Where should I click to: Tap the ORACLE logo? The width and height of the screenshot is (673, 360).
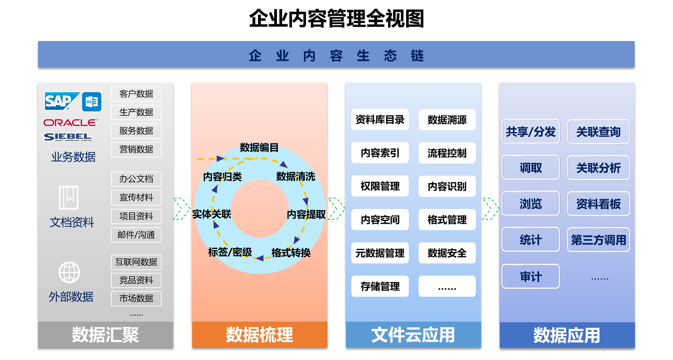[70, 122]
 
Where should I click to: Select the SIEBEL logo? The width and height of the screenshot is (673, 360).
[68, 137]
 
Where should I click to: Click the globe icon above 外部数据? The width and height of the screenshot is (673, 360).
[69, 272]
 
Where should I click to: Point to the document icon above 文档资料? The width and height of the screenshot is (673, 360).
[69, 197]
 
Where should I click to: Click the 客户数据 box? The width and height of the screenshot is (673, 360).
[136, 94]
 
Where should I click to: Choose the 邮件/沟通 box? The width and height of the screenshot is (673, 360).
[136, 235]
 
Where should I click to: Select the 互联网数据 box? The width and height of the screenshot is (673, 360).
[136, 262]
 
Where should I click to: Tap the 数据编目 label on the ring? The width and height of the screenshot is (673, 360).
[259, 147]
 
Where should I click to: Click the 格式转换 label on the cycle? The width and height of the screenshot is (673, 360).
[291, 253]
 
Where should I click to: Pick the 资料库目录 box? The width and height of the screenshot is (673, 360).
[380, 119]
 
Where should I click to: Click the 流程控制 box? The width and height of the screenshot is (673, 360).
[447, 153]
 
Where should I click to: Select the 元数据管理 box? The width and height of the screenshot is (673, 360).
[380, 253]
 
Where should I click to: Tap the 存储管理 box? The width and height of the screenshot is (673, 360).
[380, 286]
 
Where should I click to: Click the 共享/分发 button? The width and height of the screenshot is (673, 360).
[531, 132]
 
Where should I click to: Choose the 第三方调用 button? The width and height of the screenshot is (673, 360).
[598, 240]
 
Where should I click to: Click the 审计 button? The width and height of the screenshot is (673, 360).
[531, 277]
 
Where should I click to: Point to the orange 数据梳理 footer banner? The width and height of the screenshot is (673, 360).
[259, 335]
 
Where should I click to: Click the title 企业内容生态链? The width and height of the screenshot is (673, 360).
[336, 55]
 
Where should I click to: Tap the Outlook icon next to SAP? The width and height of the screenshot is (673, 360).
[92, 102]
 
